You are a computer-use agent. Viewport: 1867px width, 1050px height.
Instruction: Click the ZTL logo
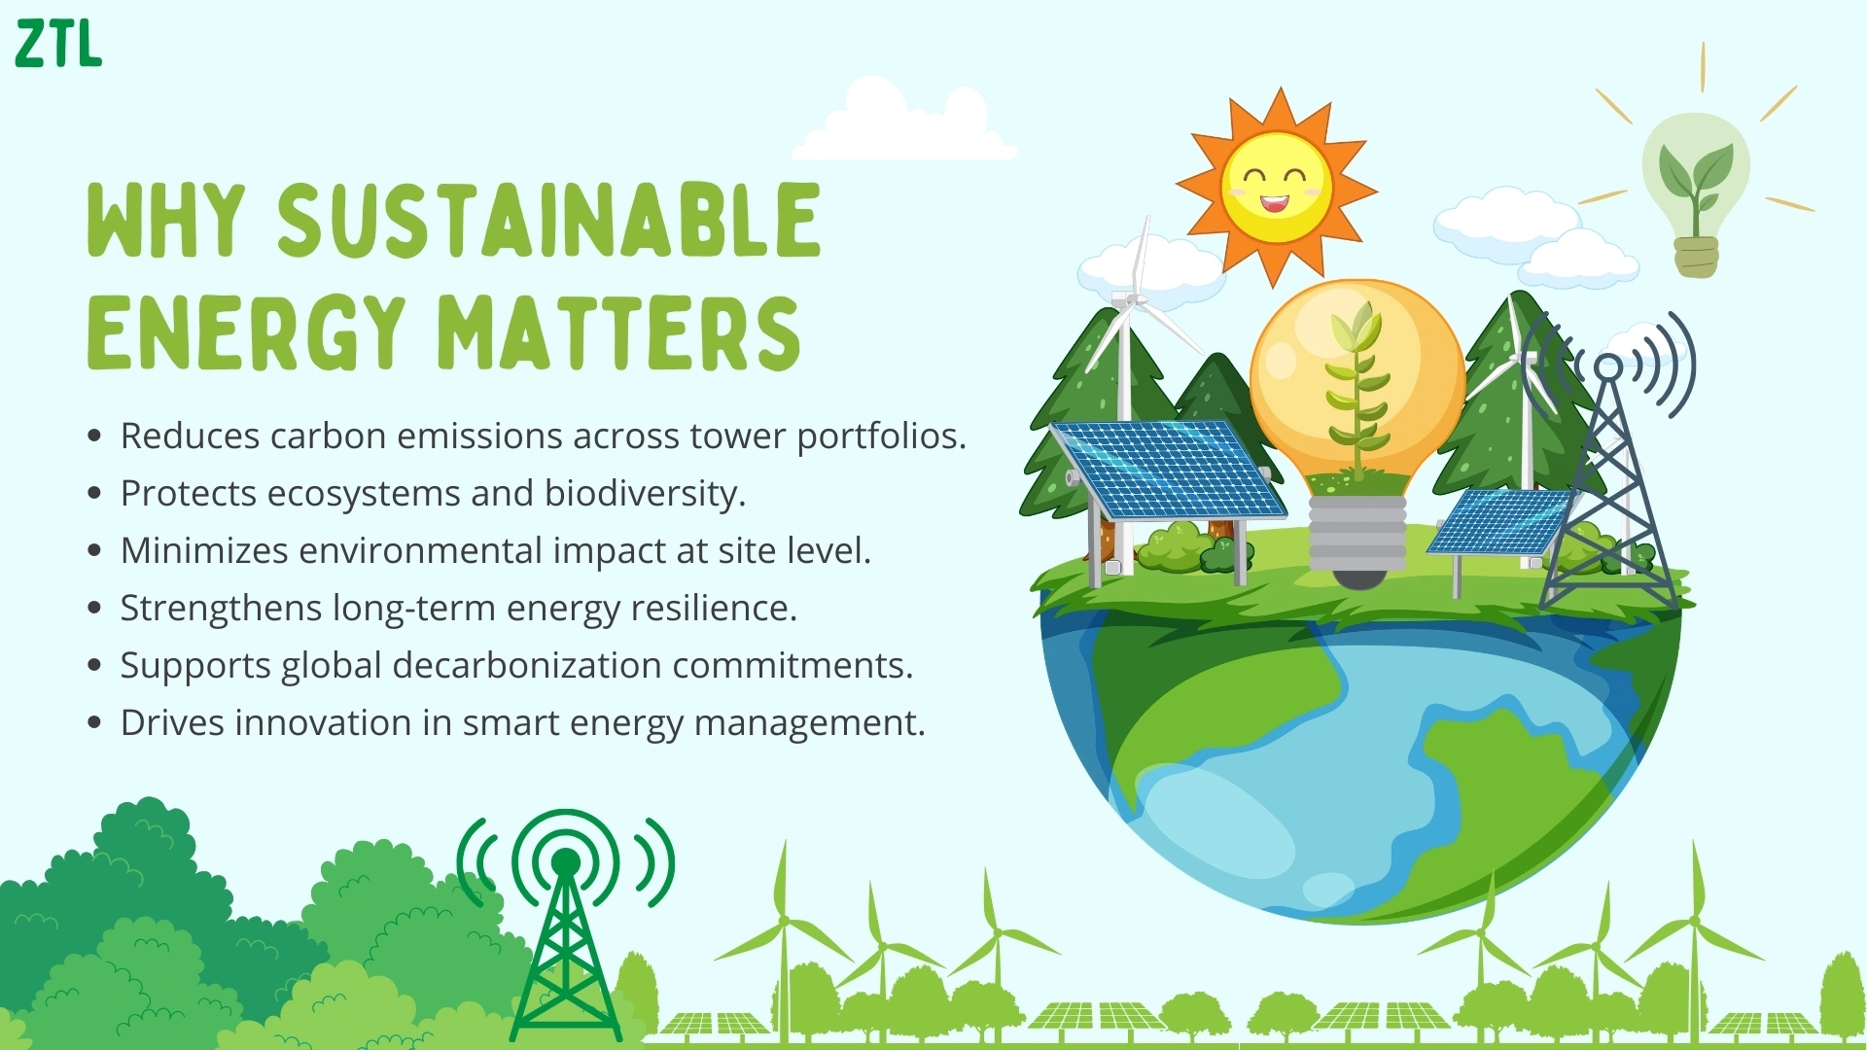click(x=58, y=44)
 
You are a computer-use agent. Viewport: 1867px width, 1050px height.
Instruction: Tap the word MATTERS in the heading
click(x=618, y=332)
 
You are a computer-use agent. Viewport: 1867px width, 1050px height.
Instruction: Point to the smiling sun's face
click(x=1276, y=188)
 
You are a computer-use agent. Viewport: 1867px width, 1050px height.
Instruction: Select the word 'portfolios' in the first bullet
click(x=882, y=437)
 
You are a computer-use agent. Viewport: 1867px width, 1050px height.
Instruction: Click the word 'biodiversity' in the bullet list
click(x=645, y=494)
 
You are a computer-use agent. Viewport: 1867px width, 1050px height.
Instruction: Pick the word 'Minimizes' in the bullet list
click(x=204, y=550)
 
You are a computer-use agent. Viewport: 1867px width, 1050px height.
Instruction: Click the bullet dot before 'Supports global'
click(x=94, y=666)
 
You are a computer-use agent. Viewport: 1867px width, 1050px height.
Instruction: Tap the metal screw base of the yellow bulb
click(x=1357, y=540)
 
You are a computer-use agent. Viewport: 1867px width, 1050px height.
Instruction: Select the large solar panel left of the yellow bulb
click(x=1168, y=470)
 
